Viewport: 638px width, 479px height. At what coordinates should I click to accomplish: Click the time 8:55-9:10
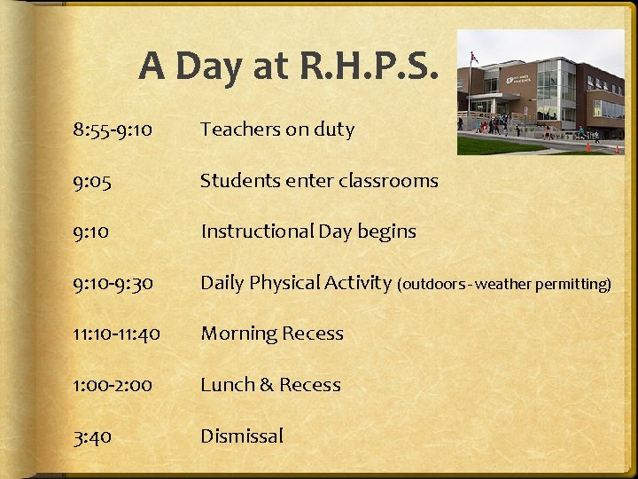tap(113, 130)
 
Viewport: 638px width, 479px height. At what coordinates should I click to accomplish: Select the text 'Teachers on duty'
tap(276, 130)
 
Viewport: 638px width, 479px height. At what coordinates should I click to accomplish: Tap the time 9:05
tap(91, 181)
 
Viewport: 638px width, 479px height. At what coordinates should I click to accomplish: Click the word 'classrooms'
tap(392, 181)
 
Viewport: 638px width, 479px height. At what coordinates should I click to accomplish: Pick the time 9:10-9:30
tap(113, 284)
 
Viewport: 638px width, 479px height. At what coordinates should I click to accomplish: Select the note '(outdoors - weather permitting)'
tap(504, 285)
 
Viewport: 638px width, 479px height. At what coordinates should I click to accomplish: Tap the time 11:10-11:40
tap(116, 334)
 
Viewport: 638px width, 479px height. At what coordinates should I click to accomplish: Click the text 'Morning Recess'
tap(271, 334)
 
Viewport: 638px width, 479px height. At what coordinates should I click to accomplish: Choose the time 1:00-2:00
tap(113, 386)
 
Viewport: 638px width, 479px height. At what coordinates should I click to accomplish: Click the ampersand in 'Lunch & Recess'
tap(265, 386)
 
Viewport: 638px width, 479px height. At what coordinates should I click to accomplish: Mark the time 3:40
tap(92, 436)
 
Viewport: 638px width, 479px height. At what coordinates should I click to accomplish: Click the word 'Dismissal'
tap(241, 436)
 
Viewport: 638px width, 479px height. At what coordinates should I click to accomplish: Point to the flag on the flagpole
tap(474, 58)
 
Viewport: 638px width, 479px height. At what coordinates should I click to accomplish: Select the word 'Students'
tap(235, 181)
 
